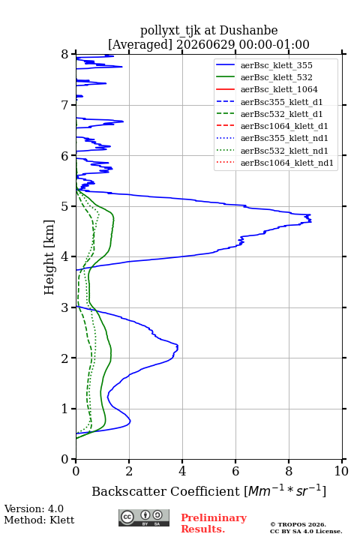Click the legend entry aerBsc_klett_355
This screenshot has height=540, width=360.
[276, 65]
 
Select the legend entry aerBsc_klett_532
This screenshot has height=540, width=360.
[276, 77]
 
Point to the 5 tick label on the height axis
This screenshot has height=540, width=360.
[64, 207]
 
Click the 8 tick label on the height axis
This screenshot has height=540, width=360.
[64, 55]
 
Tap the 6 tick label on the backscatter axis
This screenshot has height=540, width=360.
[235, 471]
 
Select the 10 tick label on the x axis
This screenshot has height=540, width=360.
[341, 471]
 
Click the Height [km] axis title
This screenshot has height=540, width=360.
[49, 257]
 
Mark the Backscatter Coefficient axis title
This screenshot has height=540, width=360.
[208, 491]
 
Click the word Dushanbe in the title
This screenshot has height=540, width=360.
[248, 31]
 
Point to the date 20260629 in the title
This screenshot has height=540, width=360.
[206, 45]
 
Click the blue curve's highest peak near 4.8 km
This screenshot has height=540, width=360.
[310, 218]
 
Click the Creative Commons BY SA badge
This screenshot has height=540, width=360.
[144, 518]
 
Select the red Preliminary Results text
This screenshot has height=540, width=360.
[214, 523]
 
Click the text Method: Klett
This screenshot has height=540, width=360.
[39, 520]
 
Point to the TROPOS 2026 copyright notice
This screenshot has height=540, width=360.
[298, 525]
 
